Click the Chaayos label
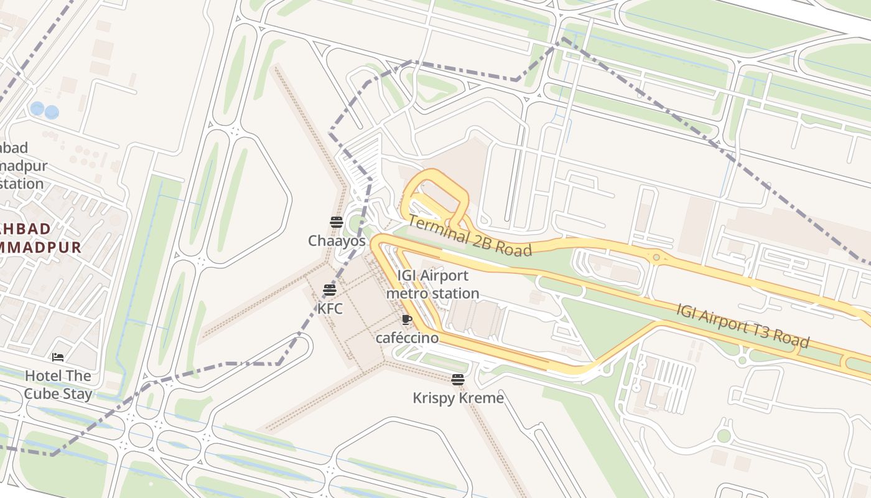point(337,240)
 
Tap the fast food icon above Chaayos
point(337,222)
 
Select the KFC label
point(330,308)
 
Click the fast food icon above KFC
point(330,289)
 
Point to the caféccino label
point(407,338)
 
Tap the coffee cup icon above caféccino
point(407,320)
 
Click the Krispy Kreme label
point(458,398)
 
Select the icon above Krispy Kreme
point(458,379)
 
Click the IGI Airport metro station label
point(433,284)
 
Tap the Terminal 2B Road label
point(470,236)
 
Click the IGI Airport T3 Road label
point(743,325)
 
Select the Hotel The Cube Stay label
point(58,385)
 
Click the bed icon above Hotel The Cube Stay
point(58,357)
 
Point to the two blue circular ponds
point(44,111)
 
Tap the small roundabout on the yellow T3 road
point(656,256)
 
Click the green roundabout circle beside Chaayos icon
point(356,223)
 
